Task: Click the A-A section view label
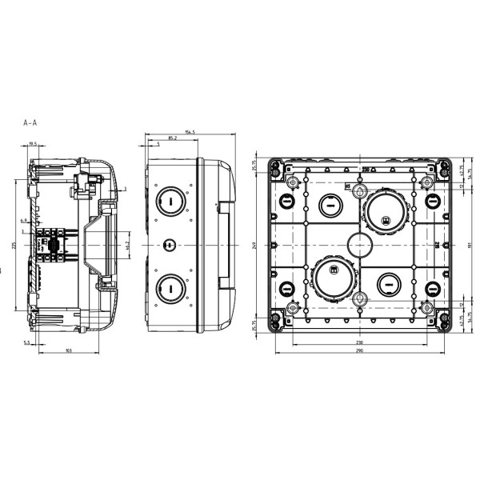point(31,124)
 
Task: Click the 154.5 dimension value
point(190,133)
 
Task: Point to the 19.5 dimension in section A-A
point(33,144)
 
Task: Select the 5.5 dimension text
point(27,342)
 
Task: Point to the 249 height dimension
point(254,246)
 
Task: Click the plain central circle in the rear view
point(360,243)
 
